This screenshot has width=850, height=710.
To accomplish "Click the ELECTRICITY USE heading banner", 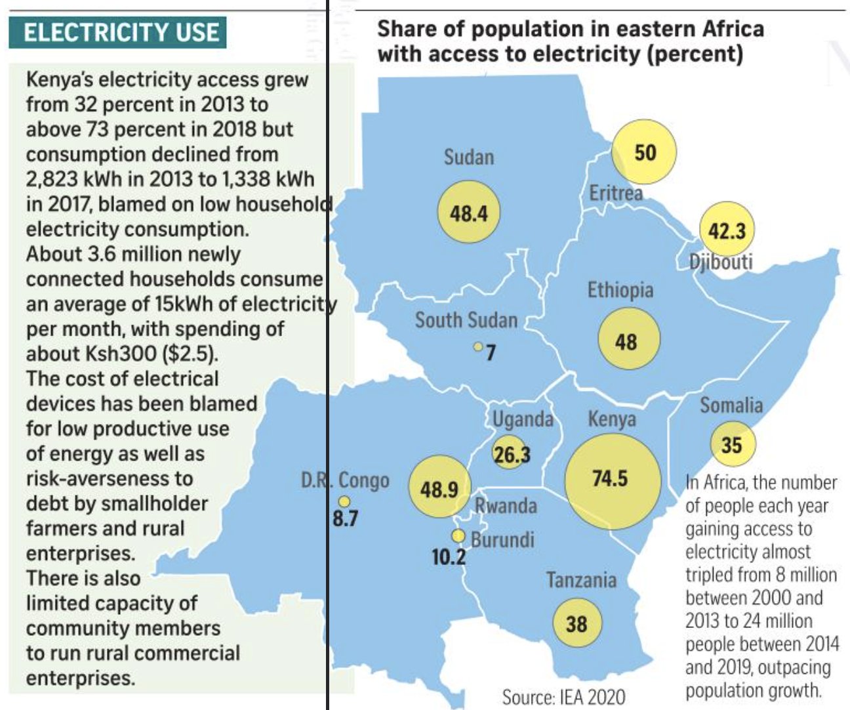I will [118, 33].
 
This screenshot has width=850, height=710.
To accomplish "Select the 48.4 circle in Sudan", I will [469, 213].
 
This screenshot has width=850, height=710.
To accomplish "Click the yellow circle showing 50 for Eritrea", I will [644, 152].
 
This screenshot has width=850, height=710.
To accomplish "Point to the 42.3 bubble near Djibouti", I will [727, 230].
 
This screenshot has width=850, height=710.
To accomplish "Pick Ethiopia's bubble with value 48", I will [628, 340].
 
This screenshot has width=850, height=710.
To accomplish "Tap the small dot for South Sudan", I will [479, 346].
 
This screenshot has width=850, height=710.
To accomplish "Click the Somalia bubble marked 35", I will [733, 445].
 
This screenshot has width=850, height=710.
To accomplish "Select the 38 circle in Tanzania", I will [577, 623].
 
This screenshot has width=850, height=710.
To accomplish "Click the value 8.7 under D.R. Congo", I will [345, 518].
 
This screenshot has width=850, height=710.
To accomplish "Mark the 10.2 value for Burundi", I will [449, 557].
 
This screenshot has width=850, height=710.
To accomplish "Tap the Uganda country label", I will [523, 419].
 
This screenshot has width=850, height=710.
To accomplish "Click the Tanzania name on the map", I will [581, 580].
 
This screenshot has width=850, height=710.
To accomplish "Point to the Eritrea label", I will [615, 193].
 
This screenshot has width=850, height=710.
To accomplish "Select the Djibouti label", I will [721, 262].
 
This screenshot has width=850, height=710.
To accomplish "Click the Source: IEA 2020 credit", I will [563, 697].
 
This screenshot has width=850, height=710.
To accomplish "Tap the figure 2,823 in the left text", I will [53, 179].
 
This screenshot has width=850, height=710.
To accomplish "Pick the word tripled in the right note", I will [712, 575].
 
